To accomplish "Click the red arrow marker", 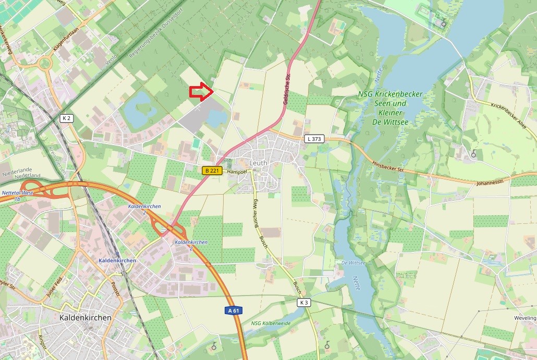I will pyautogui.click(x=200, y=92).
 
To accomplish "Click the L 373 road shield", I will pyautogui.click(x=314, y=139).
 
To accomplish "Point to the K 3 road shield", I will pyautogui.click(x=304, y=303).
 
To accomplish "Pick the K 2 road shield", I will pyautogui.click(x=67, y=118).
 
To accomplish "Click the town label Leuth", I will pyautogui.click(x=259, y=163).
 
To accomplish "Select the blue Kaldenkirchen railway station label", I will pyautogui.click(x=117, y=260).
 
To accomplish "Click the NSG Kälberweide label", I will pyautogui.click(x=270, y=323).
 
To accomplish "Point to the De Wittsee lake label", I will pyautogui.click(x=352, y=262).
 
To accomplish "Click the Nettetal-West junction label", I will pyautogui.click(x=18, y=196).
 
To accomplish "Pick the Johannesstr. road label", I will pyautogui.click(x=492, y=183).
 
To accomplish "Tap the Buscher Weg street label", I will pyautogui.click(x=257, y=215).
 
